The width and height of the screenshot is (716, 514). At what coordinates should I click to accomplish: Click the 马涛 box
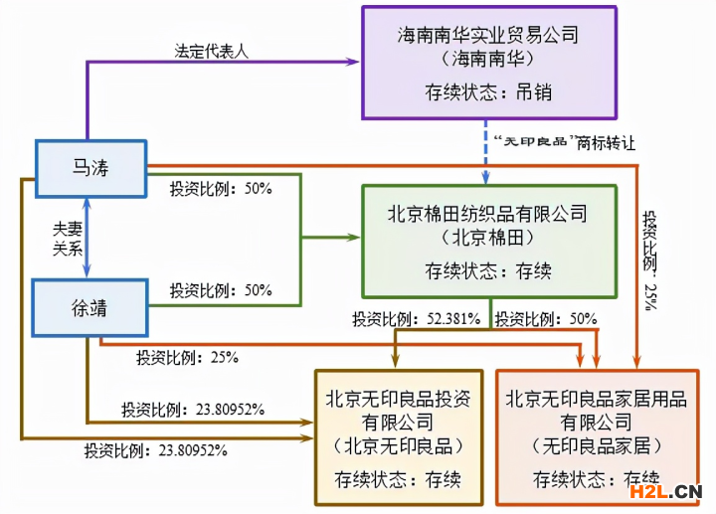click(91, 169)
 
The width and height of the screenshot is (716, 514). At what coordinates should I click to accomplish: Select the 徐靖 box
click(89, 308)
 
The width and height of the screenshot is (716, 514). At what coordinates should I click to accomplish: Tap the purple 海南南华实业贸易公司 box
click(489, 63)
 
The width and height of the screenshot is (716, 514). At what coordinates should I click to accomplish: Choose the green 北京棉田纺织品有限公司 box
click(489, 242)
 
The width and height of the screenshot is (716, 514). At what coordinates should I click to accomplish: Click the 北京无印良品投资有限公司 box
click(399, 437)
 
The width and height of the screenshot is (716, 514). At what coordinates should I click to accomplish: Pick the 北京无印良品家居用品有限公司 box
click(598, 437)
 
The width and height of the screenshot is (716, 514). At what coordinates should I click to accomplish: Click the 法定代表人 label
click(212, 51)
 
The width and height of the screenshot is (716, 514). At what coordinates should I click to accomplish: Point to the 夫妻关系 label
click(68, 239)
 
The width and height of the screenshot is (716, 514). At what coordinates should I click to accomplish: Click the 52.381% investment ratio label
click(416, 319)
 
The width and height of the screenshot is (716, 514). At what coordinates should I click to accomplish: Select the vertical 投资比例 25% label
click(650, 260)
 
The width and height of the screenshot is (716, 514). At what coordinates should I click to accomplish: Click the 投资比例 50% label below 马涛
click(221, 189)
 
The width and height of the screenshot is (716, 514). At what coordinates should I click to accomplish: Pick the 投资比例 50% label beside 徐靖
click(221, 290)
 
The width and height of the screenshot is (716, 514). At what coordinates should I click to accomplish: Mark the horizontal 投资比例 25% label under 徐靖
click(187, 358)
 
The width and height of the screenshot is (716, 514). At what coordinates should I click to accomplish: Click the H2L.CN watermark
click(665, 491)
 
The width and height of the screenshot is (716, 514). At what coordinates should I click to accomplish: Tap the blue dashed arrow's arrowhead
click(486, 179)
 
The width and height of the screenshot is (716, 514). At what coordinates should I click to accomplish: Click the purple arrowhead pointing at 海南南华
click(354, 62)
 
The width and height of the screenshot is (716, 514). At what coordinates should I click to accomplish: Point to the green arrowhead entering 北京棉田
click(354, 237)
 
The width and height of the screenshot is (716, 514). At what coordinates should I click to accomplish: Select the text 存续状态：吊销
click(488, 92)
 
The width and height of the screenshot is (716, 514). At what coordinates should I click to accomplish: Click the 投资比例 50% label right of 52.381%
click(546, 319)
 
